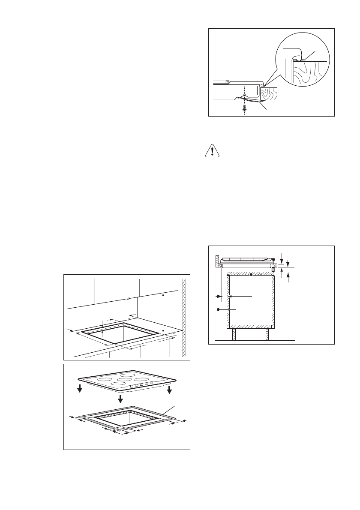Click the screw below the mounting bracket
click(x=244, y=108)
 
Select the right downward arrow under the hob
click(x=170, y=389)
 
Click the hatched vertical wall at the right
click(x=184, y=317)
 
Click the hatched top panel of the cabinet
click(x=250, y=273)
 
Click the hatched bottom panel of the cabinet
click(x=250, y=325)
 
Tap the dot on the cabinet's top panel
click(x=251, y=280)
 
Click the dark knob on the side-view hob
click(x=273, y=259)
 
